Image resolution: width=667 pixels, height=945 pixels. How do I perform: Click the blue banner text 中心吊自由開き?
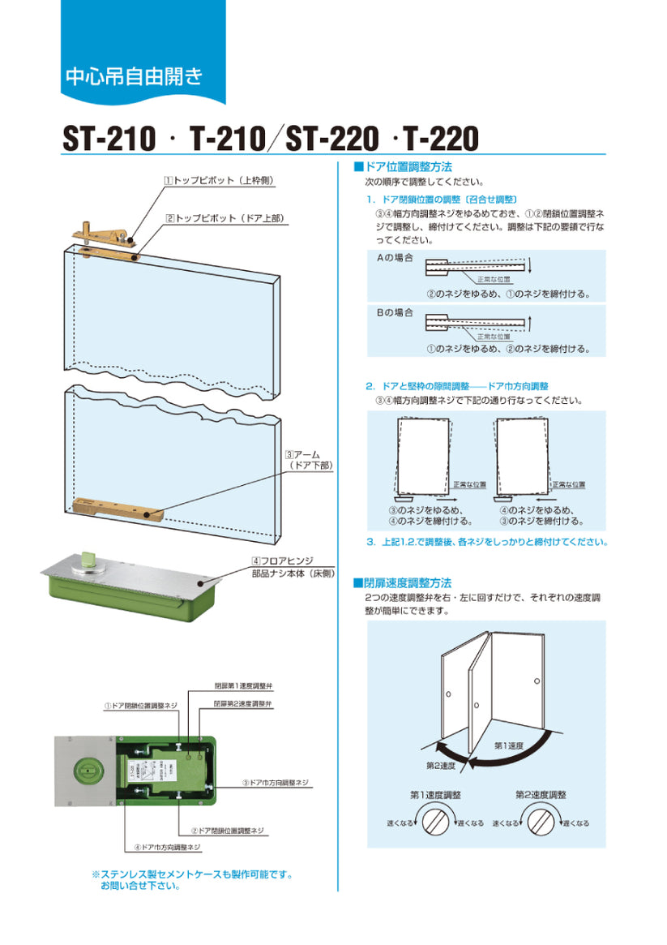134,77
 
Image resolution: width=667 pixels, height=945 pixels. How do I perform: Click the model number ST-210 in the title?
109,140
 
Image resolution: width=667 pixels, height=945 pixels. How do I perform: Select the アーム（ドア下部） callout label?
309,460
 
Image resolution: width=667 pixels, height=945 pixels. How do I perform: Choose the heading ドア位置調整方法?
403,166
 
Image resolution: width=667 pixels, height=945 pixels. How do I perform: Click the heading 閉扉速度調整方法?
403,583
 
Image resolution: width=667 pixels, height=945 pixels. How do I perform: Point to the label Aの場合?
394,258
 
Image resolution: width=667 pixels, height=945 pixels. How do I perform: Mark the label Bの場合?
394,312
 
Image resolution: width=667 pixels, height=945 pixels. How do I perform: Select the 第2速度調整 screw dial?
541,823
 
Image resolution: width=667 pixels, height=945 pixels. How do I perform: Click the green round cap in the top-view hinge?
87,770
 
